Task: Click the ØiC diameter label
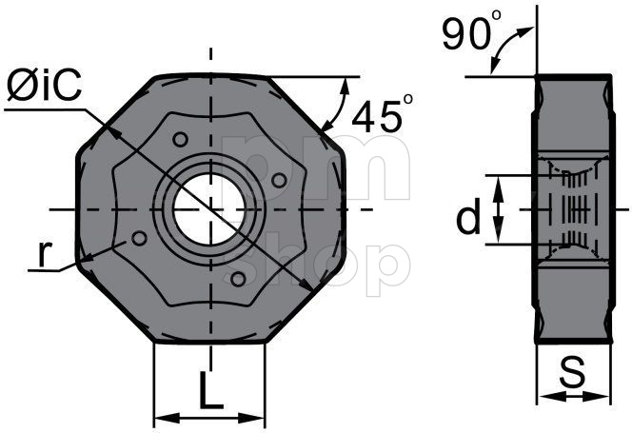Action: point(44,88)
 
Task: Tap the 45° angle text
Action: point(382,115)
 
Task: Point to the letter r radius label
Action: point(44,253)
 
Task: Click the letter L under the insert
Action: point(210,390)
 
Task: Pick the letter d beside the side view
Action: point(467,218)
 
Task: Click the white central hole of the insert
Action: point(210,208)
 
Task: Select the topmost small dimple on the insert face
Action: point(179,140)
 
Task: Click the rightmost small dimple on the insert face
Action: point(279,179)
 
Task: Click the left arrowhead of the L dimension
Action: point(161,417)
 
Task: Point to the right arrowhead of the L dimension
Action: point(259,417)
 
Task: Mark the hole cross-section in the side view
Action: point(572,208)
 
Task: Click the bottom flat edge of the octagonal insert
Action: point(210,342)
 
